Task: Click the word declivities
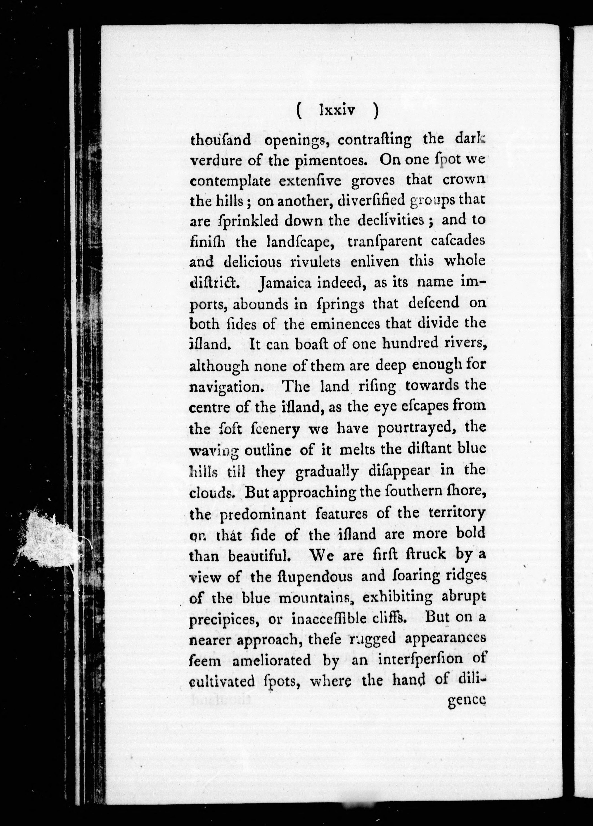tap(391, 221)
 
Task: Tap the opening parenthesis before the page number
tap(299, 110)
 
